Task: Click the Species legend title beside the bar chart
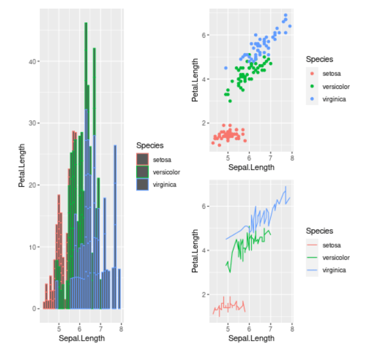click(x=150, y=145)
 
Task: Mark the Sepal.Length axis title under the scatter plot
click(x=251, y=167)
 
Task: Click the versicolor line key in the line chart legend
click(x=312, y=258)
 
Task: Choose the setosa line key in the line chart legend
click(x=312, y=245)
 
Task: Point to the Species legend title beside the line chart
click(x=319, y=231)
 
